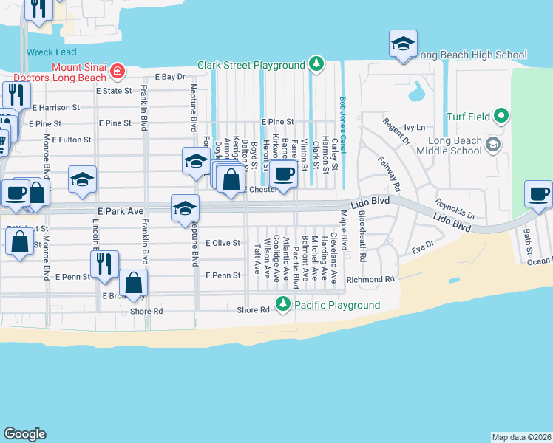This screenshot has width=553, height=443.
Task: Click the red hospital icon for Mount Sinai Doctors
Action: tap(117, 72)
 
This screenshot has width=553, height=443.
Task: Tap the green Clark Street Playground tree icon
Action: tap(316, 65)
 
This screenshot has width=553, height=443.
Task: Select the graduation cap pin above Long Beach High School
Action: tap(403, 44)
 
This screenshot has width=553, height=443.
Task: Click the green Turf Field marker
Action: tap(501, 117)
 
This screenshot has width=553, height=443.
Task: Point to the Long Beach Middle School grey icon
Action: tap(494, 144)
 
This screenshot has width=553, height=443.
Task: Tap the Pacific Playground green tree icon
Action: tap(282, 304)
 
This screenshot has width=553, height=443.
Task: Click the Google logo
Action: tap(24, 433)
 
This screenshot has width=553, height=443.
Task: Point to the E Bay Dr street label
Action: tap(169, 77)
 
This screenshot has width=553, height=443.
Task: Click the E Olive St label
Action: tap(223, 242)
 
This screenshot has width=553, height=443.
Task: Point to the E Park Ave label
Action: tap(119, 211)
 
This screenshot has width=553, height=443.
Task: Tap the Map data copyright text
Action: tap(521, 436)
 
